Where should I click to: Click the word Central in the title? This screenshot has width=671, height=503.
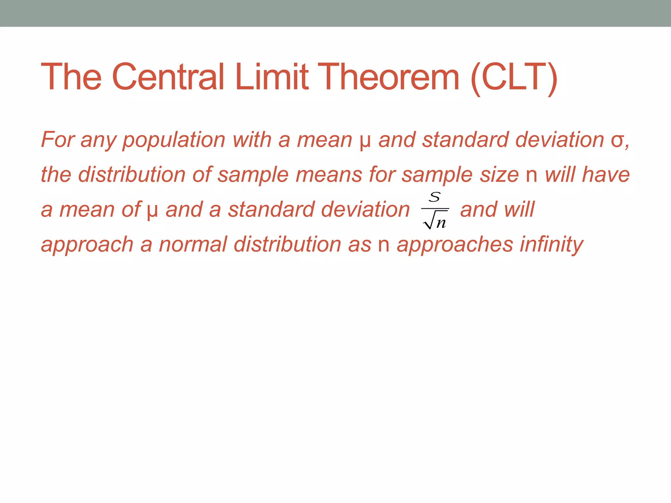point(168,77)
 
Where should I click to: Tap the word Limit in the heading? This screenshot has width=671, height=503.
point(272,77)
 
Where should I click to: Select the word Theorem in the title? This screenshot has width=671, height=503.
point(388,77)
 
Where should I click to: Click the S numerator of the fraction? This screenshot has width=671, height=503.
point(435,197)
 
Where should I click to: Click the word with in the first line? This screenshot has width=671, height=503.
point(252,140)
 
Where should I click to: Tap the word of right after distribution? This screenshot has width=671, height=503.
point(202,174)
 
